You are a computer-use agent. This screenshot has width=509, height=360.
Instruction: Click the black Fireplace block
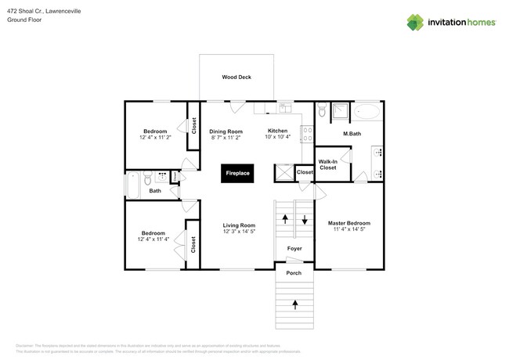click(237, 173)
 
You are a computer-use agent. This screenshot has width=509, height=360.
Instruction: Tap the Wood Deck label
click(236, 77)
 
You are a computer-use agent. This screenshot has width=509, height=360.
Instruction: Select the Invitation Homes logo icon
click(415, 23)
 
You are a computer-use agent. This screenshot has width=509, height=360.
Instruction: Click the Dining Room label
click(226, 131)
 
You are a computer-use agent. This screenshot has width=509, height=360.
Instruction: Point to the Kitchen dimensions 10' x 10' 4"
click(278, 138)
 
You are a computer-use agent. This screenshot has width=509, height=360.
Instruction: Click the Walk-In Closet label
click(327, 164)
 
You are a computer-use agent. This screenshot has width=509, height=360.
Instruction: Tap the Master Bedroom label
click(348, 223)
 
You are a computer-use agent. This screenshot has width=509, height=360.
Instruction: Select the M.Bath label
click(352, 134)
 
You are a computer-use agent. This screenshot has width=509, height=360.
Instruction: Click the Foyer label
click(294, 249)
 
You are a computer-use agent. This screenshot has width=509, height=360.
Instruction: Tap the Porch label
click(294, 273)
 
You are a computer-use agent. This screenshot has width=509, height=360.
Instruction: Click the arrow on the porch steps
click(295, 301)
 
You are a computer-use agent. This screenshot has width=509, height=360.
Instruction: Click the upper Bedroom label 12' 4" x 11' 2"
click(154, 131)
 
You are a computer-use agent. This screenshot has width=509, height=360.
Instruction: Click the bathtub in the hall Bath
click(133, 185)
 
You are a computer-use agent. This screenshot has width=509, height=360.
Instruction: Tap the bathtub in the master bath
click(366, 112)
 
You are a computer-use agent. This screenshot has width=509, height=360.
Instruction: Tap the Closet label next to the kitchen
click(305, 172)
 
